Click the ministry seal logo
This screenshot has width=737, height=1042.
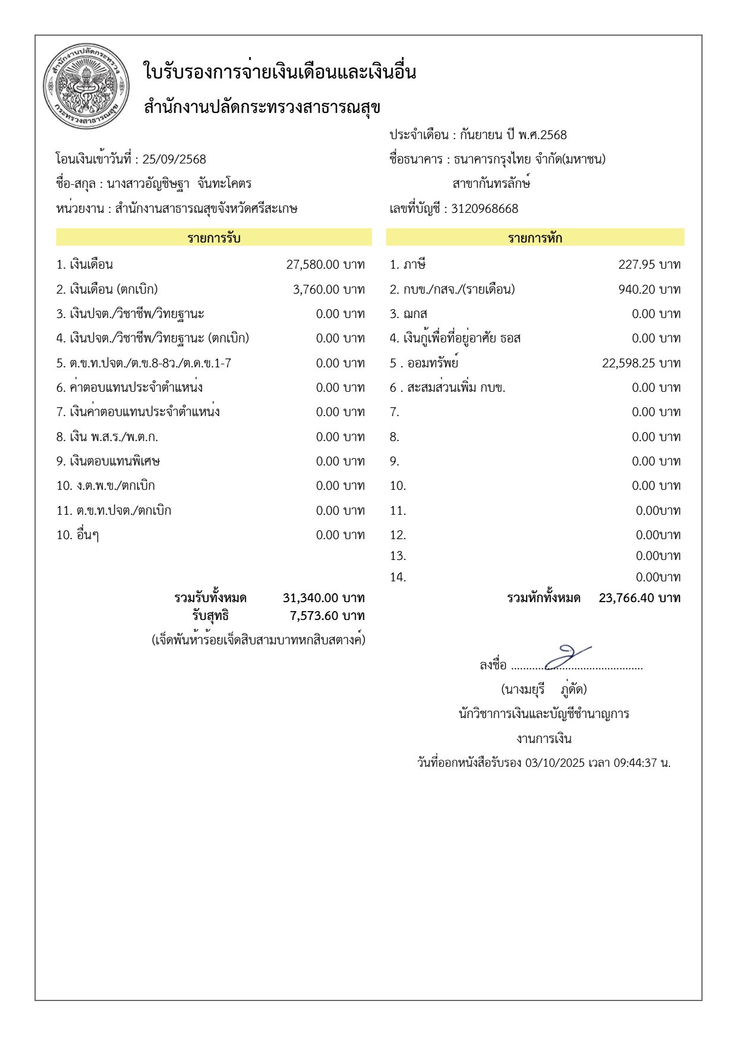86,87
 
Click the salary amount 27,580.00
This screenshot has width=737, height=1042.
313,265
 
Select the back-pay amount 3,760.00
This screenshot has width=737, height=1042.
316,289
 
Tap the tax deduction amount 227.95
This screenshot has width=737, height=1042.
637,265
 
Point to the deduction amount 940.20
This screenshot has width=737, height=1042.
637,289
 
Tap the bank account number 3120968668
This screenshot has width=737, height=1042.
484,209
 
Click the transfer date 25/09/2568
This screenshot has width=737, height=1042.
174,159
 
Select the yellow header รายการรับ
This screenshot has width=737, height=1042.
214,238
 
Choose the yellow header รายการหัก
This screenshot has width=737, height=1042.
535,238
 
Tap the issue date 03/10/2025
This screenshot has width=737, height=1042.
555,763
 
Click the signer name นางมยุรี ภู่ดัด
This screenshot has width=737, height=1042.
544,690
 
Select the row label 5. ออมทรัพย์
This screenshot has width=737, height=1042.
424,363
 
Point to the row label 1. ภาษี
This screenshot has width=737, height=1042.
408,265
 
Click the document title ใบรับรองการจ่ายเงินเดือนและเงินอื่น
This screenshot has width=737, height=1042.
280,73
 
